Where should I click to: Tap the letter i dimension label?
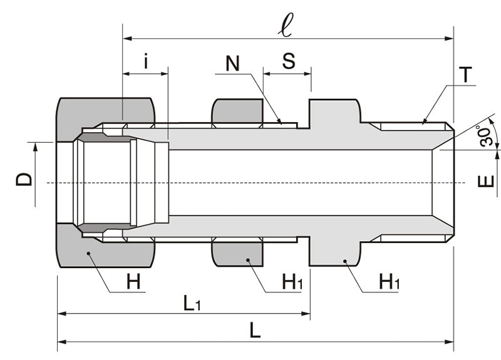(146, 61)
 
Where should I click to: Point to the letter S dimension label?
(288, 61)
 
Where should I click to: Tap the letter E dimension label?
(487, 182)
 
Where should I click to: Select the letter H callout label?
(133, 282)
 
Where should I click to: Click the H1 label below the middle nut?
(292, 282)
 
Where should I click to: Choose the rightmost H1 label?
(390, 282)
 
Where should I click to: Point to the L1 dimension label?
(192, 304)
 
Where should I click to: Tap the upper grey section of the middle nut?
(237, 111)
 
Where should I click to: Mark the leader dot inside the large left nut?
(89, 254)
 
